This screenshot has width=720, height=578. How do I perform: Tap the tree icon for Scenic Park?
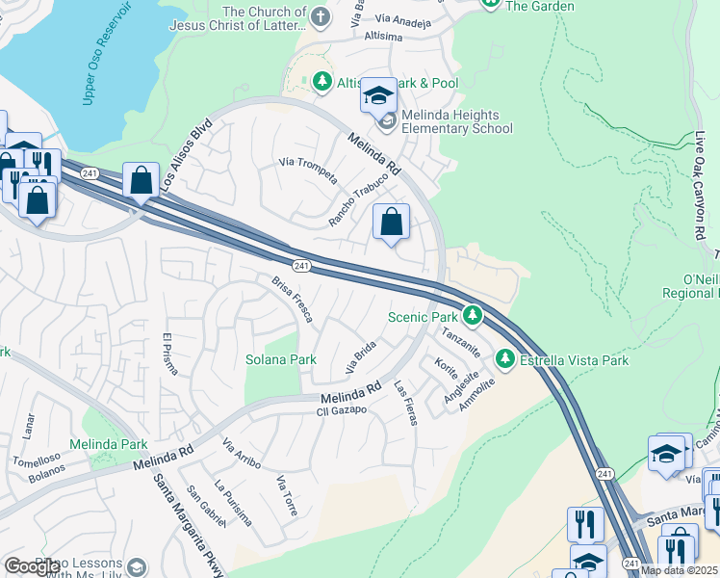[x=472, y=315]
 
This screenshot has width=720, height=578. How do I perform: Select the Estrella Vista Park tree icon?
[x=504, y=359]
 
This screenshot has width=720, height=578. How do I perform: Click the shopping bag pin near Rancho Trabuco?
[x=392, y=223]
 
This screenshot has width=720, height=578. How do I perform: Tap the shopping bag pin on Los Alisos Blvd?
[x=141, y=180]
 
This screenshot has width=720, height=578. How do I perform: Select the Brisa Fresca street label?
[x=293, y=300]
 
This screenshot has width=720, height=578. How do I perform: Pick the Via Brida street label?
[x=360, y=356]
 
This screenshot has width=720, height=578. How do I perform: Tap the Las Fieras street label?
[x=403, y=402]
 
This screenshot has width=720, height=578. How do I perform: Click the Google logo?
[x=31, y=566]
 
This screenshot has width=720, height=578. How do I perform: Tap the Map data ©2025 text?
[x=679, y=570]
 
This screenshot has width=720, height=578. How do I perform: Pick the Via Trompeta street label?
[x=307, y=170]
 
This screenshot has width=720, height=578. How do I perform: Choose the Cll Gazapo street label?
[x=343, y=410]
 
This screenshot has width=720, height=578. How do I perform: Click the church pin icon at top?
[x=321, y=17]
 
